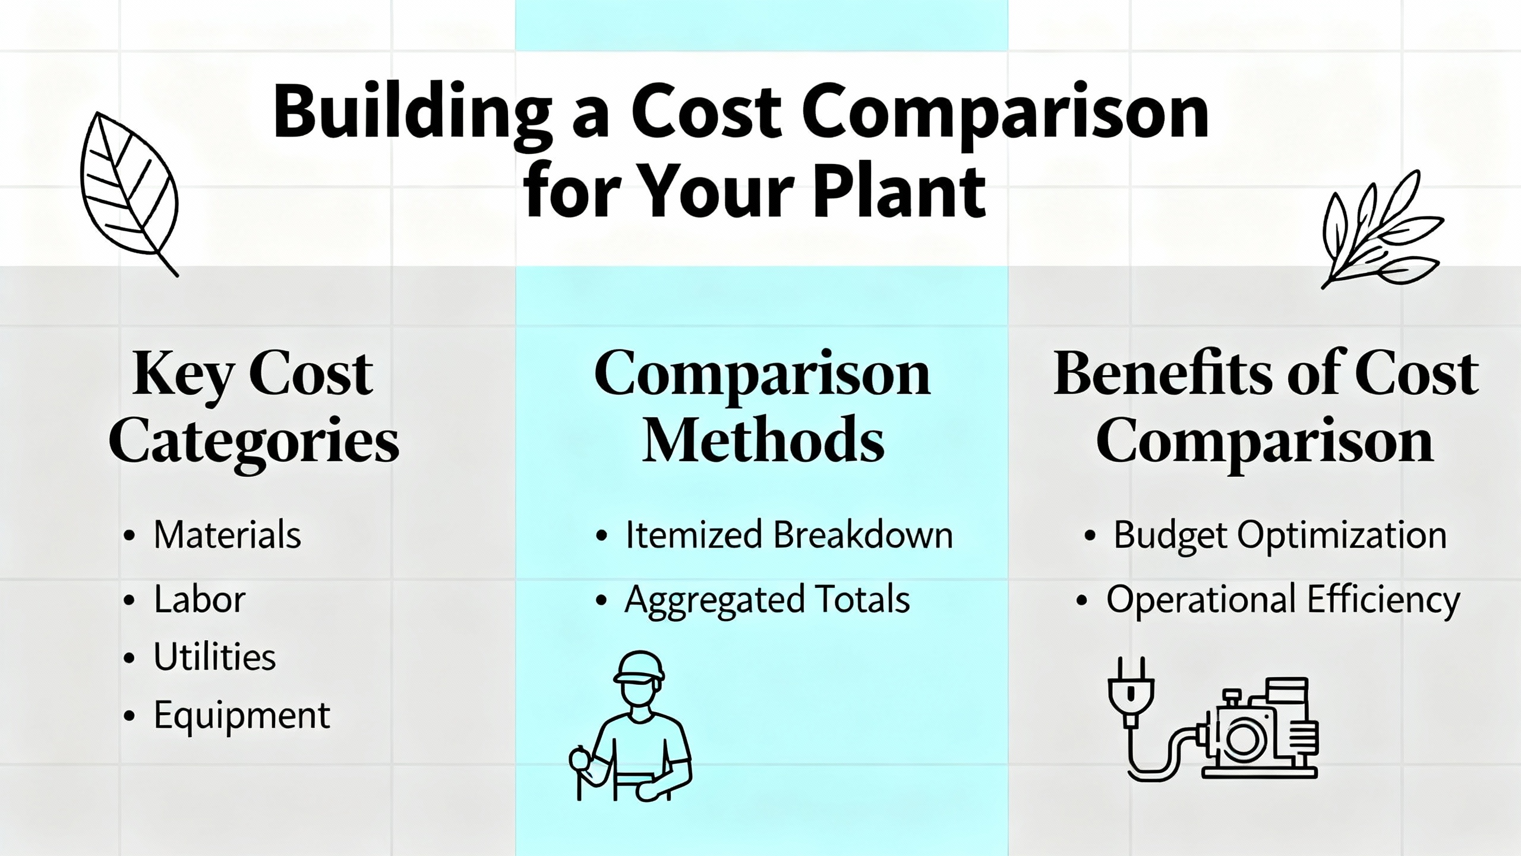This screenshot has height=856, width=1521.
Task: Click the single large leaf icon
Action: point(130,194)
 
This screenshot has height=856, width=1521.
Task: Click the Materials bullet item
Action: point(227,534)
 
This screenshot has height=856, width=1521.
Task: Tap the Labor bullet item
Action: point(200,599)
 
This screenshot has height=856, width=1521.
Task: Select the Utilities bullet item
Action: point(214,656)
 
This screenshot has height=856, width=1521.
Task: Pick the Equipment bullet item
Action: point(242,715)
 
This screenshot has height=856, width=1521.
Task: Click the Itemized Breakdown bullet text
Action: point(789,534)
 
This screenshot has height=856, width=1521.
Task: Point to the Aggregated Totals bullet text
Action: point(767,600)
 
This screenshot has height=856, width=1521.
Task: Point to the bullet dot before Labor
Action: point(130,600)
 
